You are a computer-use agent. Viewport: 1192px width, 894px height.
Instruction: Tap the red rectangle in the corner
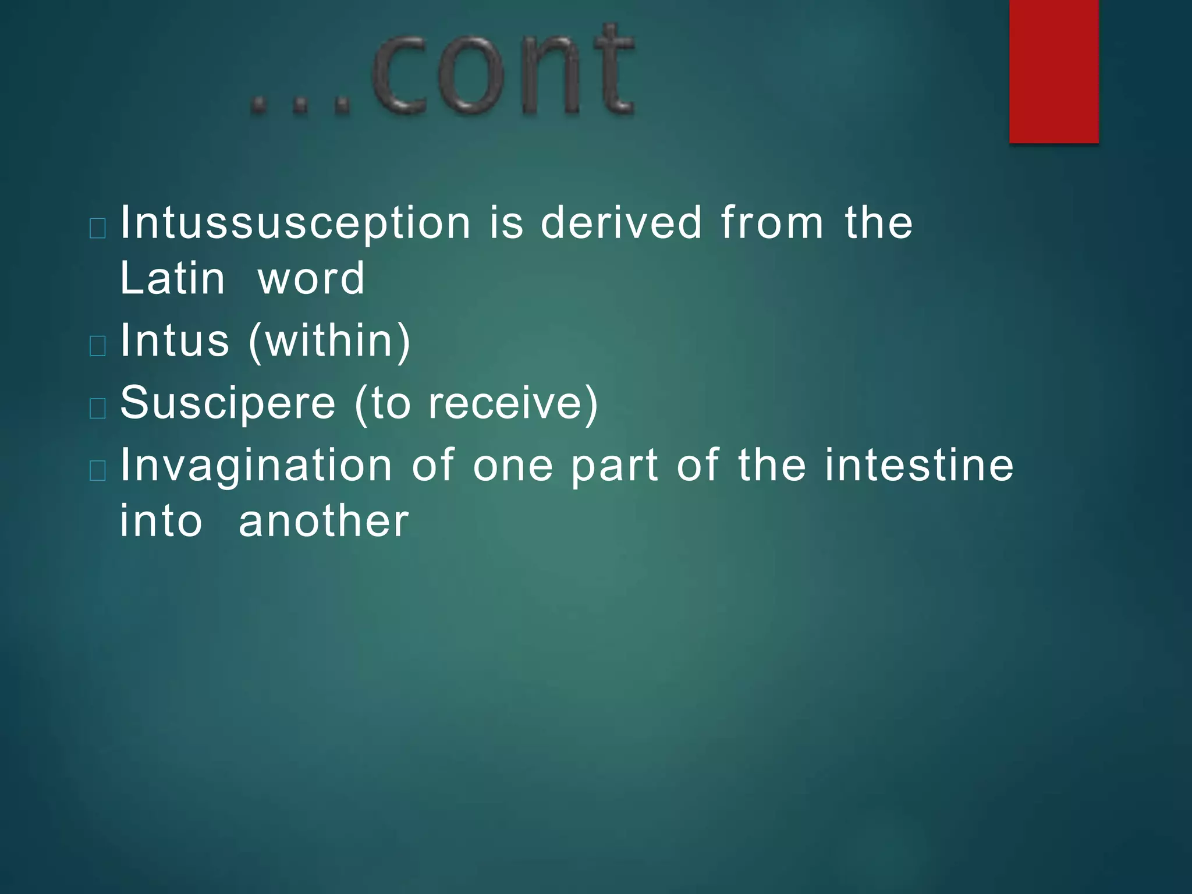pyautogui.click(x=1053, y=71)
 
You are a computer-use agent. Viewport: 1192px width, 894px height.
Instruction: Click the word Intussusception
pyautogui.click(x=295, y=223)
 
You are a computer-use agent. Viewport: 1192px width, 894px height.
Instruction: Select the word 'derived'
pyautogui.click(x=622, y=223)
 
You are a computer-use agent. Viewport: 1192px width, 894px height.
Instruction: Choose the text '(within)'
pyautogui.click(x=329, y=342)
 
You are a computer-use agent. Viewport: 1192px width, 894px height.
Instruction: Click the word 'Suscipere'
pyautogui.click(x=228, y=403)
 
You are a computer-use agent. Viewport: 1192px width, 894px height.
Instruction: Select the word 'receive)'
pyautogui.click(x=513, y=403)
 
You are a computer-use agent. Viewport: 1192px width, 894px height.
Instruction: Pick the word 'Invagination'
pyautogui.click(x=256, y=466)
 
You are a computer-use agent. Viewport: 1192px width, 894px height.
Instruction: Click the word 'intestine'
pyautogui.click(x=919, y=465)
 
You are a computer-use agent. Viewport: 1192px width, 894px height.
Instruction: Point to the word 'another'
pyautogui.click(x=324, y=521)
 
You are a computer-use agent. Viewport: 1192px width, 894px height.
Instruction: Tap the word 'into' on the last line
pyautogui.click(x=161, y=521)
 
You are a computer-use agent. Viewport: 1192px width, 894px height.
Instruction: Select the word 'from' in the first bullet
pyautogui.click(x=772, y=223)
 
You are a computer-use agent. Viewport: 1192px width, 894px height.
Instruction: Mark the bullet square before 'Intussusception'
pyautogui.click(x=98, y=229)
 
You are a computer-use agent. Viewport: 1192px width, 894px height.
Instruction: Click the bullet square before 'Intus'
pyautogui.click(x=98, y=346)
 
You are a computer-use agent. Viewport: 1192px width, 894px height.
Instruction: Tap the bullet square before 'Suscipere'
pyautogui.click(x=98, y=409)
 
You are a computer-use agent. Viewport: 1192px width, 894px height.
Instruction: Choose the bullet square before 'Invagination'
pyautogui.click(x=98, y=471)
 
